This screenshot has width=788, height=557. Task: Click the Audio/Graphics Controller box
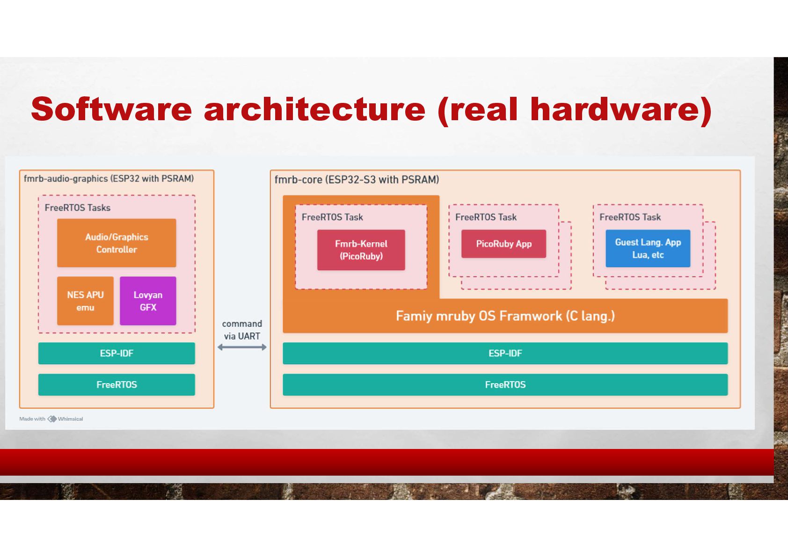point(117,243)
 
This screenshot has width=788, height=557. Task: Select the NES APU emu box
point(85,301)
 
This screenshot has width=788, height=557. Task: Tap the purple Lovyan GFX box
point(148,301)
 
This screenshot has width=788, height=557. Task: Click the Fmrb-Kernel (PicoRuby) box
point(361,250)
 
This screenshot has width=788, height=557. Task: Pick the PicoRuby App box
point(503,244)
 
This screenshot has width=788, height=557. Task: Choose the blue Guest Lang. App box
point(648,248)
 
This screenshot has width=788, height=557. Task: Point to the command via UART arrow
point(242,347)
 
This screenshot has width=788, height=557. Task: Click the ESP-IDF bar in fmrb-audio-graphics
point(117,353)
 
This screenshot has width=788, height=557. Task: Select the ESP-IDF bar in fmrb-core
point(505,353)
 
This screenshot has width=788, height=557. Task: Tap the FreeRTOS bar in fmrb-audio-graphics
point(117,384)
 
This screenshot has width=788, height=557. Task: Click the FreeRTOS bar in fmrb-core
point(505,384)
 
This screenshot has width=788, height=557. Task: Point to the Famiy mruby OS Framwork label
point(505,316)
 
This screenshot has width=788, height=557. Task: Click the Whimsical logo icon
point(52,419)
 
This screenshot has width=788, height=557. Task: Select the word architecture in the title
point(314,109)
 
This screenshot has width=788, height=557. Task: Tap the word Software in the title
point(111,109)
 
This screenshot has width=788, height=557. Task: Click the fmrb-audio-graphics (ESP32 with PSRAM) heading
point(109,179)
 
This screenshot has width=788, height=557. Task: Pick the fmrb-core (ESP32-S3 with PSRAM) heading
point(357,180)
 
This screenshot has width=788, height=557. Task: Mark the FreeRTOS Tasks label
point(77,208)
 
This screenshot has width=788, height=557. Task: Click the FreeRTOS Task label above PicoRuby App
point(486,217)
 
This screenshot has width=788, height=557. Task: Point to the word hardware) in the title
point(620,109)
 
